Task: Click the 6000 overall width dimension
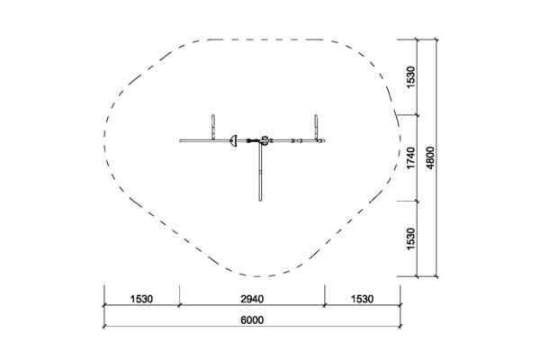pos(252,320)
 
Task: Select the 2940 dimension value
pos(252,299)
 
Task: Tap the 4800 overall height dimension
pos(430,157)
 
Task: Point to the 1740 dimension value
pos(411,157)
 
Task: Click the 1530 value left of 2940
pos(141,299)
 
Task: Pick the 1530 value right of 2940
pos(362,299)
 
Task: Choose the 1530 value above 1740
pos(411,77)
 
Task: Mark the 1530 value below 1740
pos(411,238)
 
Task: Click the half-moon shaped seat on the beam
pos(233,141)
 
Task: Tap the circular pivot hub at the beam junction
pos(265,140)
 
